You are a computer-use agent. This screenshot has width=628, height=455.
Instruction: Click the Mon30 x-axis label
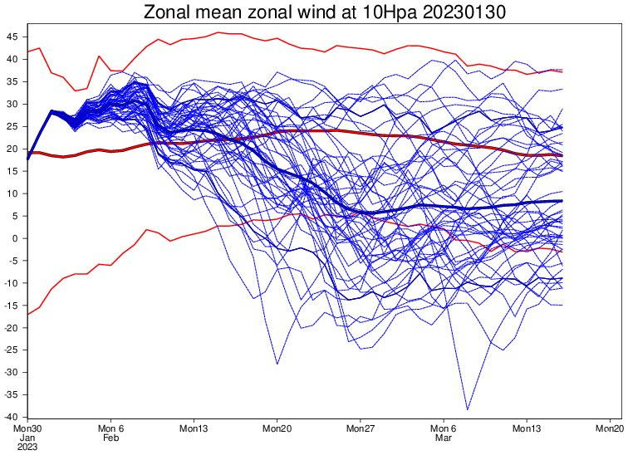pos(27,428)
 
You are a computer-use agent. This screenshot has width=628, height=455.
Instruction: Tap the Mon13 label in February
pos(194,428)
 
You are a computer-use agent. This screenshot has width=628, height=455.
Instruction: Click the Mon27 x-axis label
pos(361,428)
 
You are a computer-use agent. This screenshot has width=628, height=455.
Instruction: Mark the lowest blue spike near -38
pos(468,409)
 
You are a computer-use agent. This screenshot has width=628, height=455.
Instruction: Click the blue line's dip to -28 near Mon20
pos(277,364)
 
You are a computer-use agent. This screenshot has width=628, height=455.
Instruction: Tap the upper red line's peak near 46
pos(218,32)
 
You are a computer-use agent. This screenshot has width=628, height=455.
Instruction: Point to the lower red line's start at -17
pos(28,314)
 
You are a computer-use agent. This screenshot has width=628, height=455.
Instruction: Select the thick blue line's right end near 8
pos(562,201)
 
